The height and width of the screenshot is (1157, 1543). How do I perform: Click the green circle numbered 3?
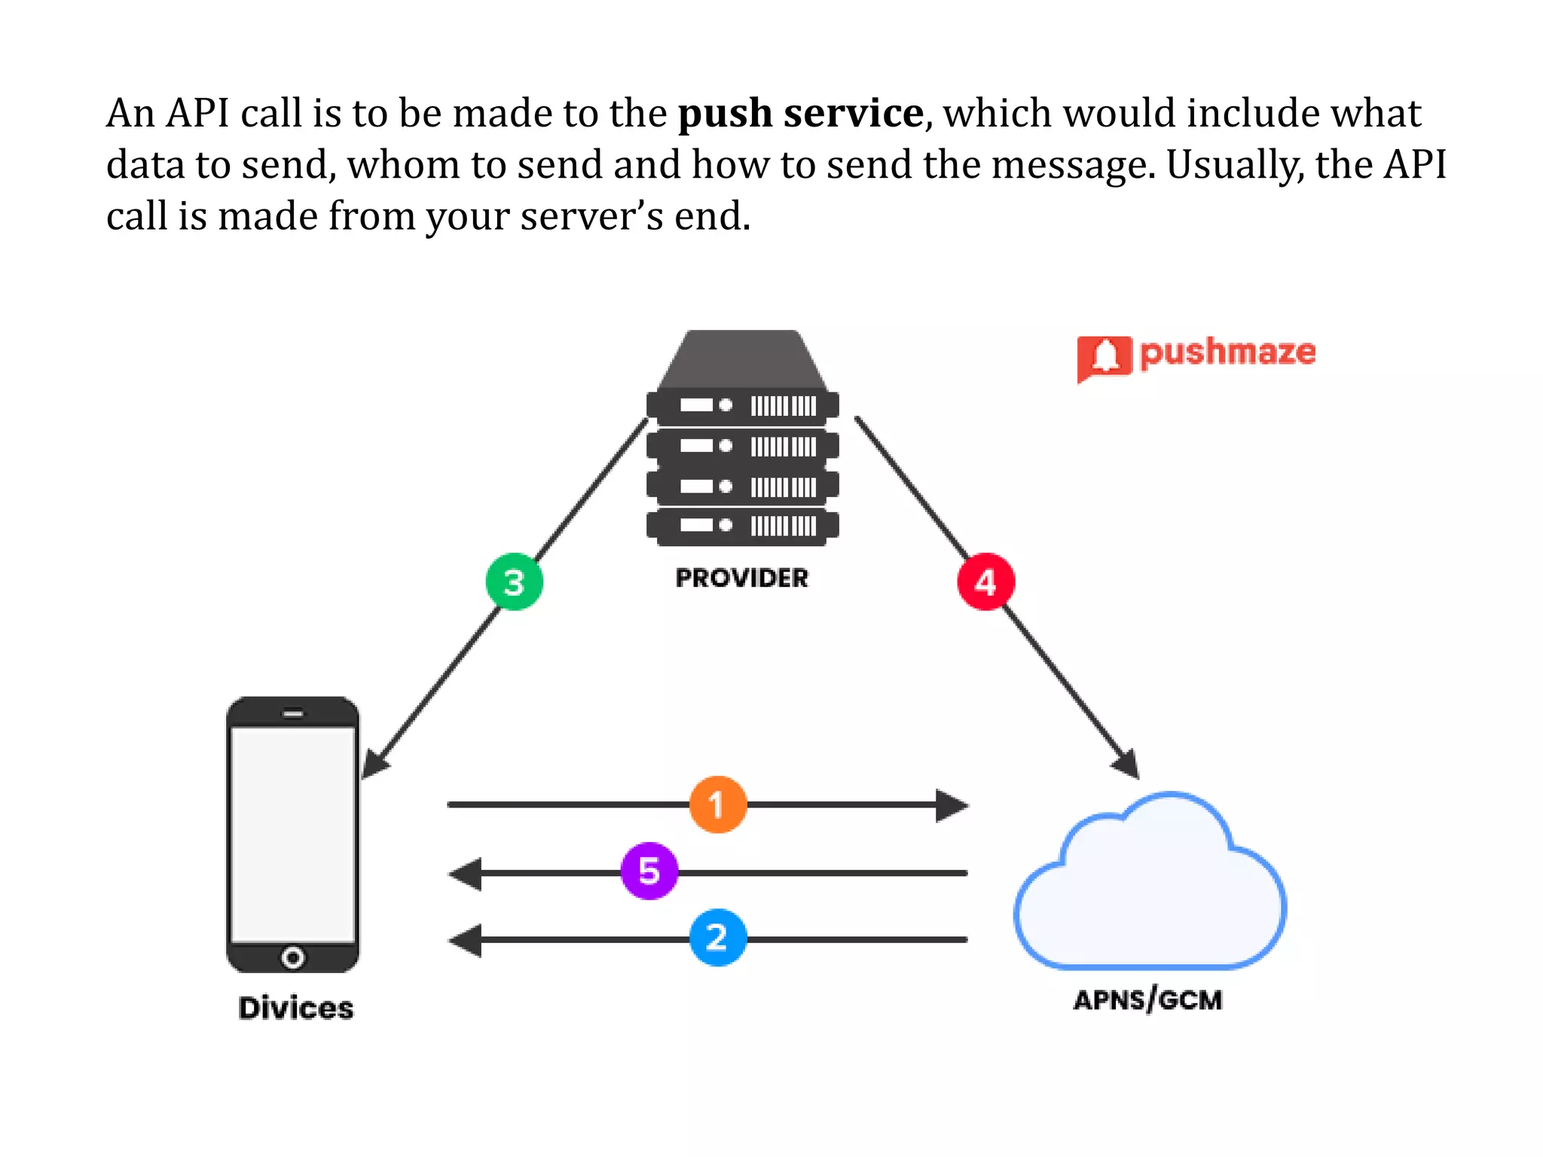[x=514, y=582]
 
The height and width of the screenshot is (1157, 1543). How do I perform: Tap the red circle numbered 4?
[x=985, y=582]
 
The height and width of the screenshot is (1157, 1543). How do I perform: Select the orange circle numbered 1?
[x=718, y=804]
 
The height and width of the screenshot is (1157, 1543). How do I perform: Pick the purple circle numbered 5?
[x=649, y=871]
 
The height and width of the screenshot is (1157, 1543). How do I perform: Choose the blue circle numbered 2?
[x=718, y=938]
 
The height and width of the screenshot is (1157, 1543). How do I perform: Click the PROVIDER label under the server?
[x=741, y=578]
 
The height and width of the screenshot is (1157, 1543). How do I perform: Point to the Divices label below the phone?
[x=295, y=1008]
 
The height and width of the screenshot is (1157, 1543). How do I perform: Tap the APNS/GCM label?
[x=1147, y=1000]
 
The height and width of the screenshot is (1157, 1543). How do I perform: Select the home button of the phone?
[x=292, y=957]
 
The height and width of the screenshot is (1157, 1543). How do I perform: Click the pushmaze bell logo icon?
[x=1104, y=356]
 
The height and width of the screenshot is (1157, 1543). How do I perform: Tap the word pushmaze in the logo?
[x=1227, y=353]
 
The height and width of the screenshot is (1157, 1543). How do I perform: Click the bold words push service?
[x=800, y=113]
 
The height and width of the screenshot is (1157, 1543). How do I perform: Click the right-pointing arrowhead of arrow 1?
[x=951, y=805]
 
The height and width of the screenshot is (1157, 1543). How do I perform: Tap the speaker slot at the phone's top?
[x=292, y=713]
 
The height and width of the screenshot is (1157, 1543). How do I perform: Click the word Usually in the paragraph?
[x=1235, y=164]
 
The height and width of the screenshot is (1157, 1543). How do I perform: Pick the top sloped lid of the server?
[x=742, y=359]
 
